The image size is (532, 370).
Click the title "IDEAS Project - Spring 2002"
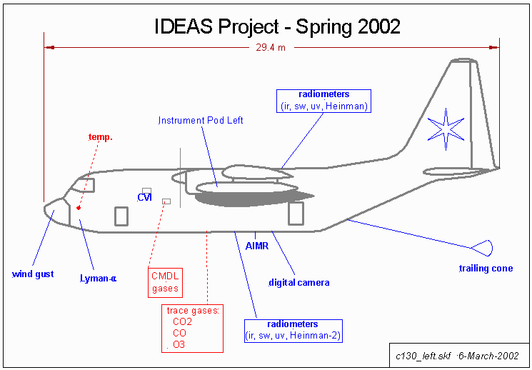pyautogui.click(x=277, y=26)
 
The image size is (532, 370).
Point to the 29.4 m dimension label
pyautogui.click(x=272, y=49)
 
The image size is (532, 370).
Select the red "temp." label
pyautogui.click(x=100, y=136)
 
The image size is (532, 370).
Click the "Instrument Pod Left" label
pyautogui.click(x=201, y=121)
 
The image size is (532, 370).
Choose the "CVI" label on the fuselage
pyautogui.click(x=144, y=197)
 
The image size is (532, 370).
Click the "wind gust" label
pyautogui.click(x=33, y=274)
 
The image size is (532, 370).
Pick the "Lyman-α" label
pyautogui.click(x=98, y=278)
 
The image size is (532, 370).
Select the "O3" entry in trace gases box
pyautogui.click(x=179, y=344)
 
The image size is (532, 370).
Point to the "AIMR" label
pyautogui.click(x=256, y=246)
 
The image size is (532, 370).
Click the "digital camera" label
pyautogui.click(x=299, y=283)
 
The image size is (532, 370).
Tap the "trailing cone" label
pyautogui.click(x=483, y=269)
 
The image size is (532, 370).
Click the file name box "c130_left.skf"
pyautogui.click(x=457, y=355)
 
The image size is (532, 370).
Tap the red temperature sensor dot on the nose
pyautogui.click(x=79, y=208)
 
